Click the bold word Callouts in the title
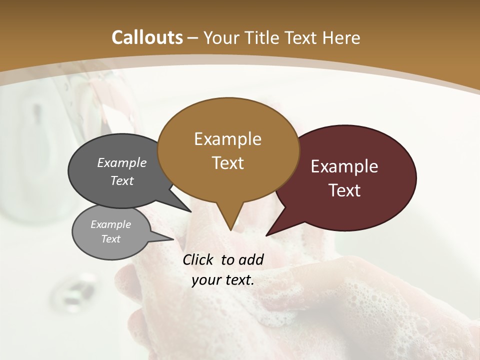pos(147,37)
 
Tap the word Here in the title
pos(341,37)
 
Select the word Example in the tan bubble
pos(227,139)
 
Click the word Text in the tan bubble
pos(227,162)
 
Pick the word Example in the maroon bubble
pos(344,166)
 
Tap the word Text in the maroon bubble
pos(344,190)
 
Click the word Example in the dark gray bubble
pos(122,162)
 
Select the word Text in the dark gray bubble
pos(122,180)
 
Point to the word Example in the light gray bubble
pos(110,224)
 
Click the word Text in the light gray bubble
pos(110,239)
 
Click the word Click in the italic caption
pos(199,259)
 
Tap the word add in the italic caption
pos(251,259)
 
